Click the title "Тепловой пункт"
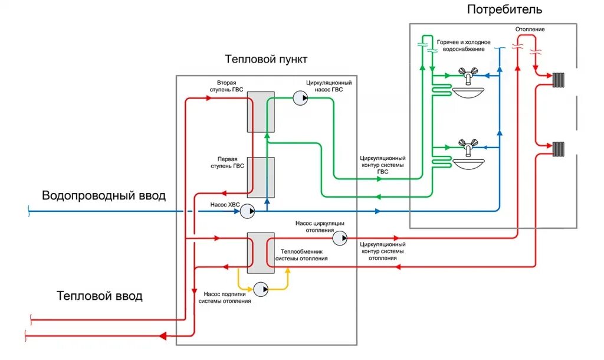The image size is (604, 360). tap(266, 60)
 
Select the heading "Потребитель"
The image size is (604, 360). tap(504, 10)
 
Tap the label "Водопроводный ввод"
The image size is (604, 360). tap(104, 196)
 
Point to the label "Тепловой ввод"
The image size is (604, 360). tap(100, 296)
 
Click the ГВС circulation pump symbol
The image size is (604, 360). tap(300, 99)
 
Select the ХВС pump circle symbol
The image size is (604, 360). tap(248, 211)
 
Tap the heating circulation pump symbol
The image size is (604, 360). tap(340, 238)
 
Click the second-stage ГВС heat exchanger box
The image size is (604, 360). tap(260, 112)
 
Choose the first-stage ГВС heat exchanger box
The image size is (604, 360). tap(260, 176)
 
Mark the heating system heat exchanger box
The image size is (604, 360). tap(260, 253)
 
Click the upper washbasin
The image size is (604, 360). tap(468, 92)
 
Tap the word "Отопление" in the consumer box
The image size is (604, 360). tap(530, 29)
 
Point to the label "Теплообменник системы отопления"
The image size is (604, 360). tap(302, 255)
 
